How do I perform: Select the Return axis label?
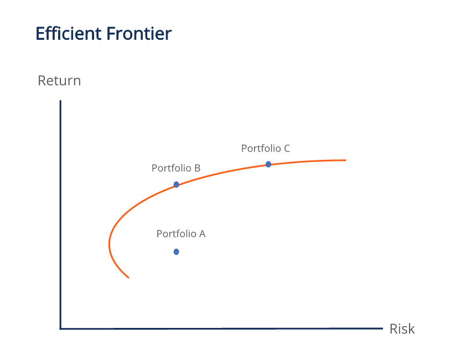coord(59,81)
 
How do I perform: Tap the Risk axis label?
coord(402,329)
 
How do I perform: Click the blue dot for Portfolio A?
coord(176,252)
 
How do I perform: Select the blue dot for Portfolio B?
coord(176,185)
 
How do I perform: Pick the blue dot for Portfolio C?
coord(268,164)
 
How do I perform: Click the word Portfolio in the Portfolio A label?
coord(173,234)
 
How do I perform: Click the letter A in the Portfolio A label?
coord(202,234)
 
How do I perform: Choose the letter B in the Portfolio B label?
coord(197,168)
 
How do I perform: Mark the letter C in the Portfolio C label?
coord(287,148)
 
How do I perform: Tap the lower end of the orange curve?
coord(128,277)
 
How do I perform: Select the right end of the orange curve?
coord(345,160)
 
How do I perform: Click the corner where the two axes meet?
coord(60,328)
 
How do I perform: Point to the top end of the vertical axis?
coord(60,101)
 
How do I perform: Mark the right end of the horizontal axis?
coord(382,328)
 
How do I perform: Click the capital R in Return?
coord(42,81)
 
